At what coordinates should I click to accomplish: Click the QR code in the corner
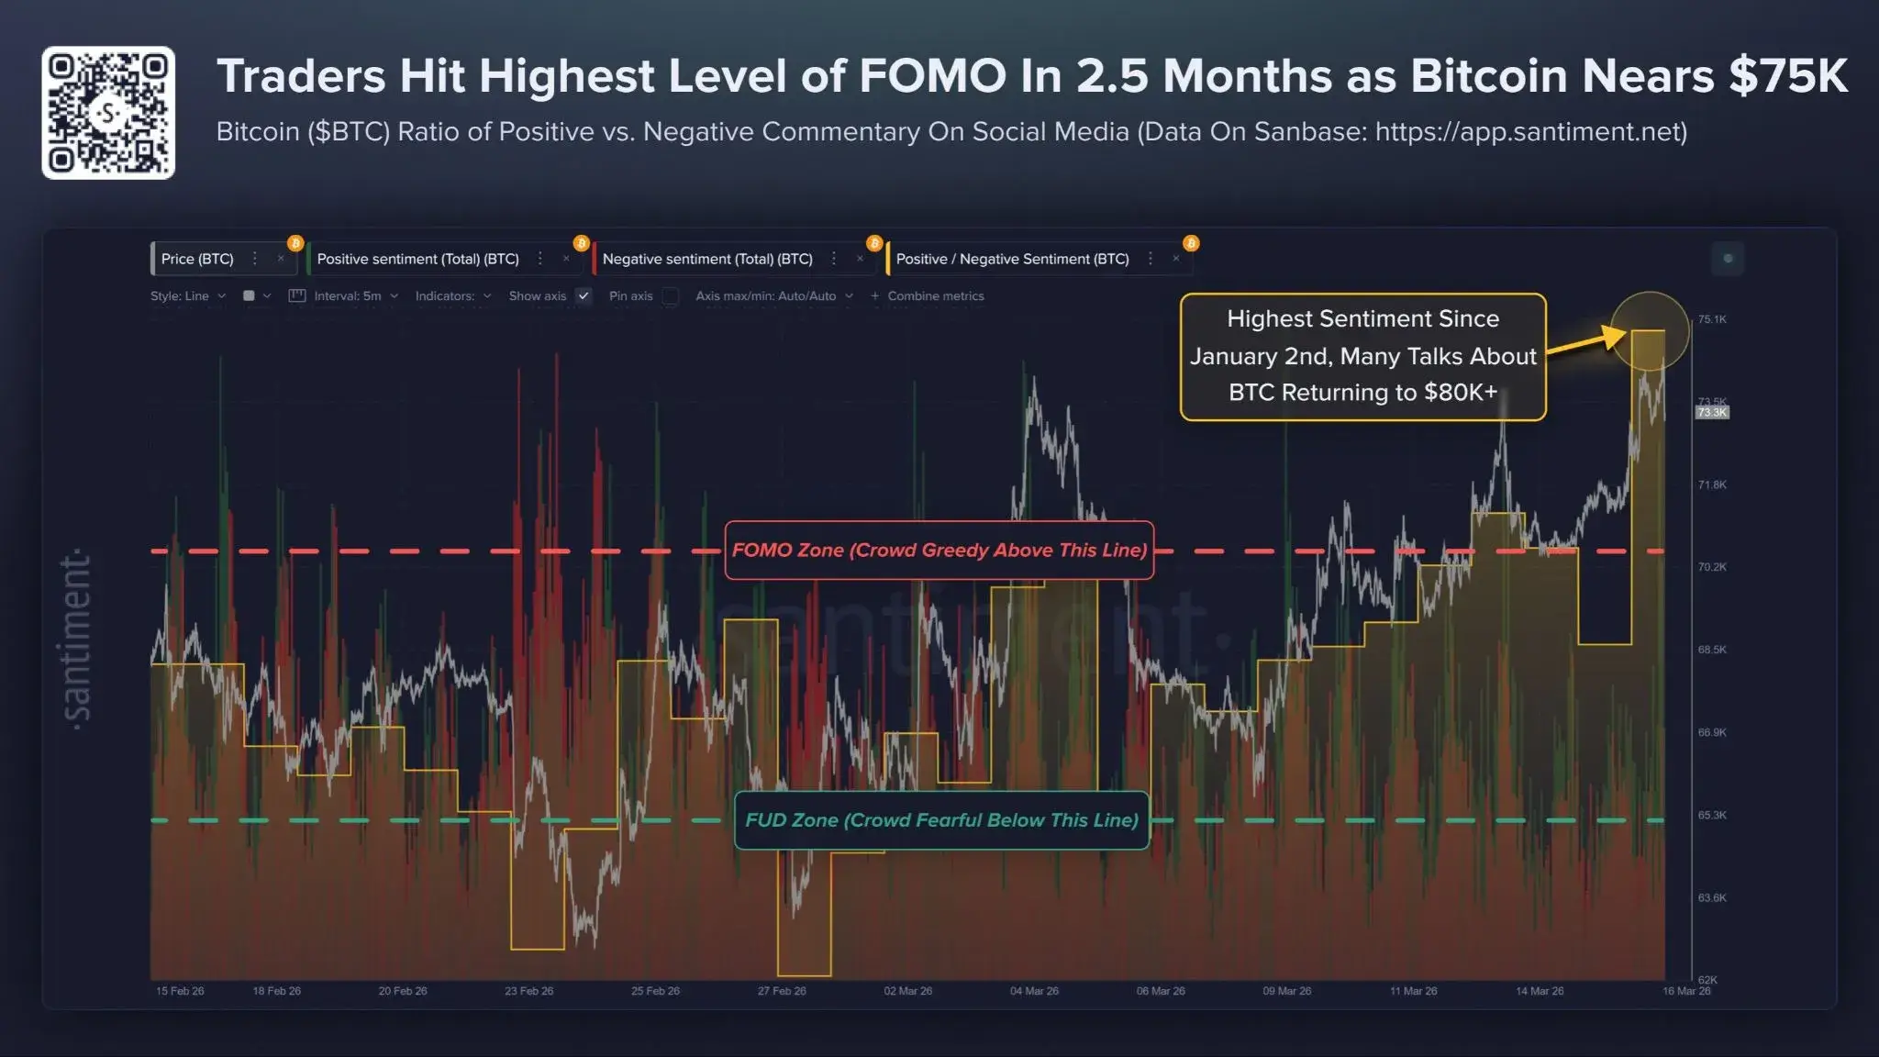(x=108, y=112)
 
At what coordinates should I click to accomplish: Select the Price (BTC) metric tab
(x=197, y=259)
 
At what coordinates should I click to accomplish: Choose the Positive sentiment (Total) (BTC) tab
(x=417, y=259)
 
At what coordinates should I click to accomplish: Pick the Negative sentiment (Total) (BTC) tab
(x=707, y=259)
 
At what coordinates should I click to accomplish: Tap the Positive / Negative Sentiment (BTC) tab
(x=1012, y=259)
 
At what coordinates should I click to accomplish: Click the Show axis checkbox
(x=584, y=295)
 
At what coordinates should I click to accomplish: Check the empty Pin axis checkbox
(x=671, y=295)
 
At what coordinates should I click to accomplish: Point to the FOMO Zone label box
(x=939, y=551)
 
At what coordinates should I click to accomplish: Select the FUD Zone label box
(x=941, y=820)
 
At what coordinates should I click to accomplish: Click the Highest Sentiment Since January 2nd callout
(x=1362, y=356)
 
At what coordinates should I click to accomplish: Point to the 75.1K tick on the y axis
(x=1711, y=319)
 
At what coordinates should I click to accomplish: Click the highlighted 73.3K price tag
(x=1712, y=413)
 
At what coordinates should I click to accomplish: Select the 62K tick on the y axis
(x=1707, y=980)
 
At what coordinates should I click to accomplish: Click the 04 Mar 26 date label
(x=1034, y=991)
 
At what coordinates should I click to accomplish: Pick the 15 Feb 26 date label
(x=180, y=991)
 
